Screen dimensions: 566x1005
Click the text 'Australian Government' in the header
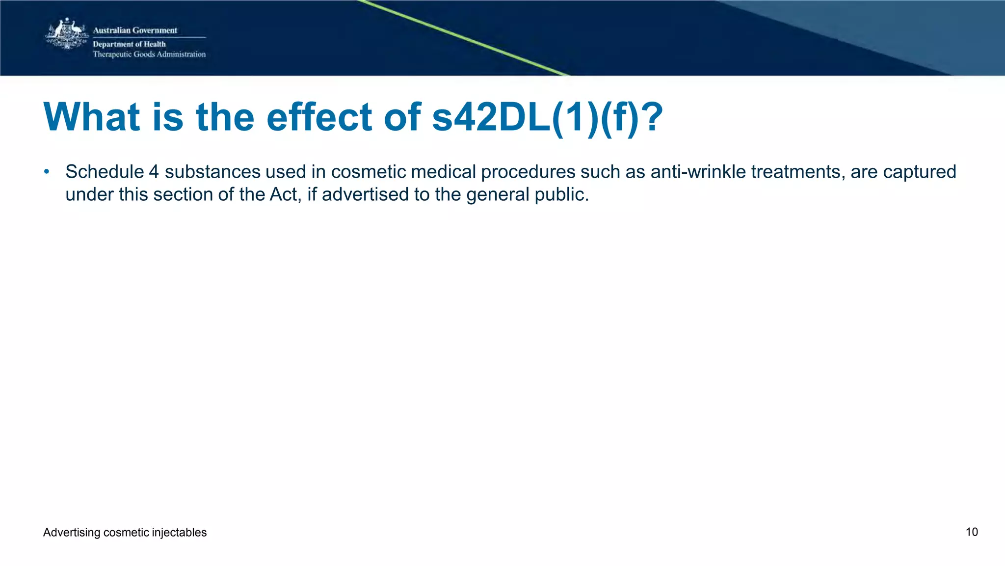coord(135,30)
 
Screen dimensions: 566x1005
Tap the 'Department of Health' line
coord(129,44)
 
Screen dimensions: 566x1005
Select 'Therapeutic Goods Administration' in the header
coord(149,54)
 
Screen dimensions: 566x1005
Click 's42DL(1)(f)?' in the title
coord(547,117)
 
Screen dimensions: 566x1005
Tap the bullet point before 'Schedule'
coord(47,172)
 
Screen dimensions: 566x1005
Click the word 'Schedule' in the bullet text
coord(104,172)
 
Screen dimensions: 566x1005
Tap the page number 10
coord(972,532)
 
